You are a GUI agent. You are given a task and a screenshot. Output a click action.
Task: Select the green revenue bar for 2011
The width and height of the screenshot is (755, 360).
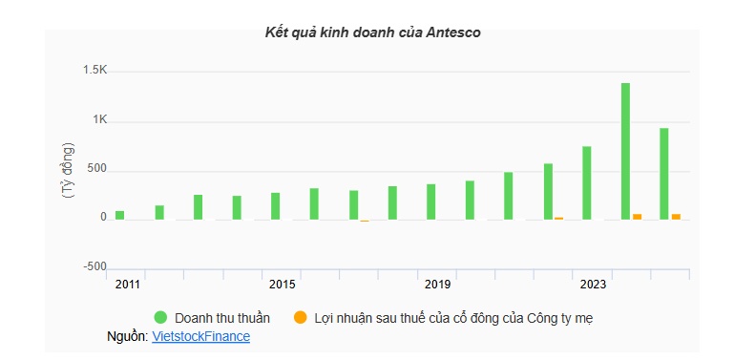click(120, 215)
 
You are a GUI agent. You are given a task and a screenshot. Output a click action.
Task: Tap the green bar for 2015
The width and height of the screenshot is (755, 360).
click(276, 206)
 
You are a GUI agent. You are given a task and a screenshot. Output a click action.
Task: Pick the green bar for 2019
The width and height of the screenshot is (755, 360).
click(431, 201)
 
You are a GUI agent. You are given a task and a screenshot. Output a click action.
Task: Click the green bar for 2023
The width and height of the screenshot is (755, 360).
click(587, 182)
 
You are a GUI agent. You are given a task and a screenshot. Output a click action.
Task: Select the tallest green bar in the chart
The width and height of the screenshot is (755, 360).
click(625, 151)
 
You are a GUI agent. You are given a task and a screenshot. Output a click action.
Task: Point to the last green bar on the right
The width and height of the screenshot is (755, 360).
click(664, 174)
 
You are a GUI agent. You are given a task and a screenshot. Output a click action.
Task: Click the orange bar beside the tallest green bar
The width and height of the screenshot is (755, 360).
click(638, 217)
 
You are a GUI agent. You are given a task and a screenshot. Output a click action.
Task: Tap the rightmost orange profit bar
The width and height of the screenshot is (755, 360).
click(676, 217)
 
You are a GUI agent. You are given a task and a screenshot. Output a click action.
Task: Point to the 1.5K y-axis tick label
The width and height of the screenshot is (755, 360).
click(94, 71)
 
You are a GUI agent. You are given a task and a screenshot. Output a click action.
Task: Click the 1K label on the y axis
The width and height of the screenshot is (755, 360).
click(100, 120)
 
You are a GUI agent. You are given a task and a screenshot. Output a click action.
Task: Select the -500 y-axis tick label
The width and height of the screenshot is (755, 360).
click(96, 266)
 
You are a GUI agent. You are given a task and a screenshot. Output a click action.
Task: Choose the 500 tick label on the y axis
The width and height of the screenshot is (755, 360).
click(97, 170)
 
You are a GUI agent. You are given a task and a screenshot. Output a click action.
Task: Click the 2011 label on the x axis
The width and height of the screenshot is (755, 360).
click(127, 285)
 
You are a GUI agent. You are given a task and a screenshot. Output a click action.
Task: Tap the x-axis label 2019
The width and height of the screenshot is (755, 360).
click(438, 285)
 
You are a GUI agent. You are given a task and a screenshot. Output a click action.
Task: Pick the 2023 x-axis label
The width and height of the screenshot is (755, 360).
click(594, 285)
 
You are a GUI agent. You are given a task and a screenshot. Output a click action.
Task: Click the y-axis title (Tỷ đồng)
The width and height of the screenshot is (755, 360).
click(67, 170)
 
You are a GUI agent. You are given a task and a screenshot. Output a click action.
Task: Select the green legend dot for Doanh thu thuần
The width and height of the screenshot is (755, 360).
click(160, 317)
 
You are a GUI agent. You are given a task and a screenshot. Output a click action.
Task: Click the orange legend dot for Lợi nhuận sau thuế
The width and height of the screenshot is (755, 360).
click(300, 317)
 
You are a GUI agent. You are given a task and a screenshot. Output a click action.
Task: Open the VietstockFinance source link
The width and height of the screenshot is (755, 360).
click(200, 337)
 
